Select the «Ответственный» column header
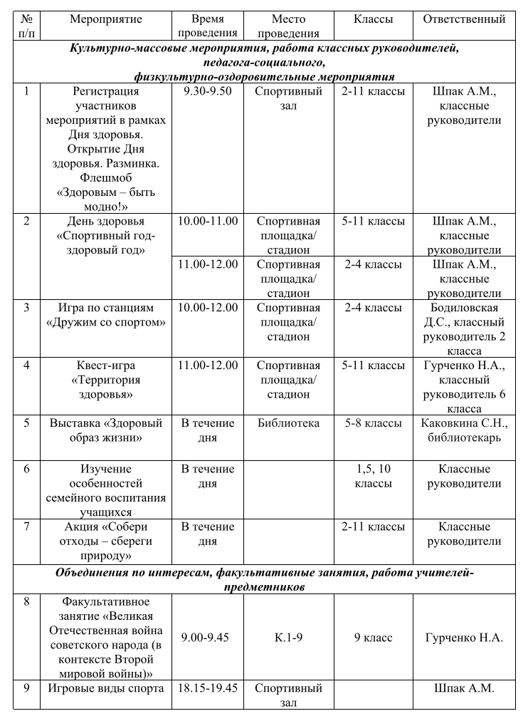(464, 20)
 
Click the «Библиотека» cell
(288, 424)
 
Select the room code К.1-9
(288, 638)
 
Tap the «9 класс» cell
(373, 638)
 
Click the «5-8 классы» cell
(373, 424)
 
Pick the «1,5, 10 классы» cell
(373, 476)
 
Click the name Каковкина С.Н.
(464, 424)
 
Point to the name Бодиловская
(464, 308)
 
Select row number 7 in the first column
(26, 527)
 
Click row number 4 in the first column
(26, 366)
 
